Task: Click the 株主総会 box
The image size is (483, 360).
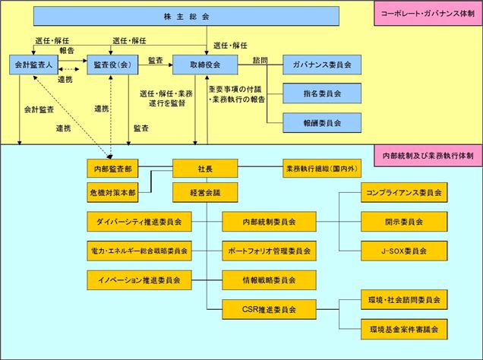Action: click(x=186, y=16)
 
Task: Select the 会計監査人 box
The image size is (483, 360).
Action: click(x=33, y=65)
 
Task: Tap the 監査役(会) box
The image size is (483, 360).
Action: click(x=112, y=65)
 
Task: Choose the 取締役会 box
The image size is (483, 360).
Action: click(x=205, y=65)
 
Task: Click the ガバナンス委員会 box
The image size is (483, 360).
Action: click(x=322, y=65)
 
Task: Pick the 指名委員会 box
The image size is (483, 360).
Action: click(x=322, y=93)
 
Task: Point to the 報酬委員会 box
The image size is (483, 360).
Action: click(x=322, y=123)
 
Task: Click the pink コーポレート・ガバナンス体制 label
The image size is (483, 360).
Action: click(x=428, y=14)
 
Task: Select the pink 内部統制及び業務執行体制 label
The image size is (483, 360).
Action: click(x=428, y=156)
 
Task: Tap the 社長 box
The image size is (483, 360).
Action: click(x=205, y=169)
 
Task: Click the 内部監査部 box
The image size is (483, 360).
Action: click(x=112, y=169)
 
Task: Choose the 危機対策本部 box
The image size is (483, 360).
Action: click(x=112, y=192)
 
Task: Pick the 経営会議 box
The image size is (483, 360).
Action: click(x=205, y=192)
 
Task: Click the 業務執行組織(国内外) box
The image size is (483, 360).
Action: click(x=322, y=169)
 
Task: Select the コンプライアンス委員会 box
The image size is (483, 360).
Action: click(x=404, y=192)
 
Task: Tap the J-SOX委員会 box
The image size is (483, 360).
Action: click(x=404, y=251)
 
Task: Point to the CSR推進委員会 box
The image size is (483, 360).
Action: click(x=269, y=309)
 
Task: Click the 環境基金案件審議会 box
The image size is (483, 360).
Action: click(x=404, y=330)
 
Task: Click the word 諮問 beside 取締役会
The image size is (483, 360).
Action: click(x=260, y=60)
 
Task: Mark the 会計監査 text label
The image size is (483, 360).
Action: click(x=39, y=109)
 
